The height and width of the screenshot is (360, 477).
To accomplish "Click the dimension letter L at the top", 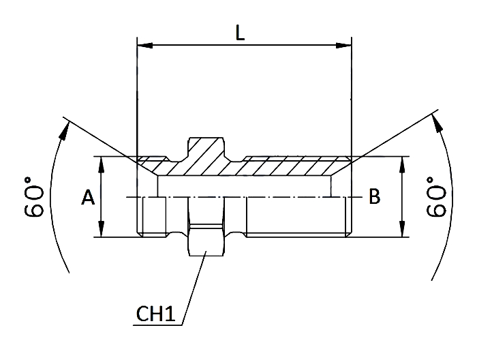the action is [x=240, y=33].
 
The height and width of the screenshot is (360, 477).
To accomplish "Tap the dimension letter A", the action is [x=88, y=197].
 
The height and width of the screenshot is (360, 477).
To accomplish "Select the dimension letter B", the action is [x=375, y=196].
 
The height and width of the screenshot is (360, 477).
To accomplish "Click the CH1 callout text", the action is [x=155, y=314].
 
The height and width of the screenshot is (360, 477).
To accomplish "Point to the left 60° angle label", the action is [x=33, y=197].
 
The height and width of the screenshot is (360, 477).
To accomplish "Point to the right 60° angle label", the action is [x=436, y=197].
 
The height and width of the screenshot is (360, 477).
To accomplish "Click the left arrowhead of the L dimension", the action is [x=144, y=46].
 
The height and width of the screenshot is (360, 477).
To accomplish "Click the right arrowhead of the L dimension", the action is [x=343, y=46].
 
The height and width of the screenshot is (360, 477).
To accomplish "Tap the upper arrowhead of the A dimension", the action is [x=102, y=164].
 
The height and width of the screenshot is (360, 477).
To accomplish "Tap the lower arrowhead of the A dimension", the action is [x=102, y=229].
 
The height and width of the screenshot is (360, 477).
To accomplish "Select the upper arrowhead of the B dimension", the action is [x=403, y=164].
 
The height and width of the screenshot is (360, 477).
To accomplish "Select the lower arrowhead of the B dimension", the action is [x=403, y=229].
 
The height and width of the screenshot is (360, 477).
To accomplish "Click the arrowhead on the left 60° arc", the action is [x=64, y=130].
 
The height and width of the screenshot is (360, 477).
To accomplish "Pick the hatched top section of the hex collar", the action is [x=206, y=149].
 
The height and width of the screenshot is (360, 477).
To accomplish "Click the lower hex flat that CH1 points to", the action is [x=207, y=242].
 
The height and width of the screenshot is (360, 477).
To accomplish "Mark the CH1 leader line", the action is [x=194, y=288].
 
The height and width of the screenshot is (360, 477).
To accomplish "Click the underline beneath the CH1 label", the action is [x=157, y=326].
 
